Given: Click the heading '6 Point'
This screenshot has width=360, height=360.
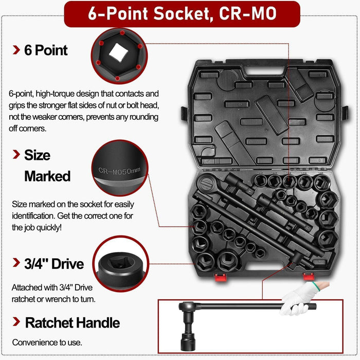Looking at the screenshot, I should click(46, 50).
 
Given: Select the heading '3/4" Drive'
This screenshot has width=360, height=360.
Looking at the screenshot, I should click(53, 264).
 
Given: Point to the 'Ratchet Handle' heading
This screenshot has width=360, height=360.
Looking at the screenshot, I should click(72, 323).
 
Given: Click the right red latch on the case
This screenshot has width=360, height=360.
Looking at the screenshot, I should click(309, 277).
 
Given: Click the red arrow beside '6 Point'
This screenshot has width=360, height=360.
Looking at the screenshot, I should click(16, 50).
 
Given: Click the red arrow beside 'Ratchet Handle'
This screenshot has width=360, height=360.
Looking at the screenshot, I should click(16, 323).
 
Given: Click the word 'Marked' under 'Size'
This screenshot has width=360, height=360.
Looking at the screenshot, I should click(47, 176).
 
